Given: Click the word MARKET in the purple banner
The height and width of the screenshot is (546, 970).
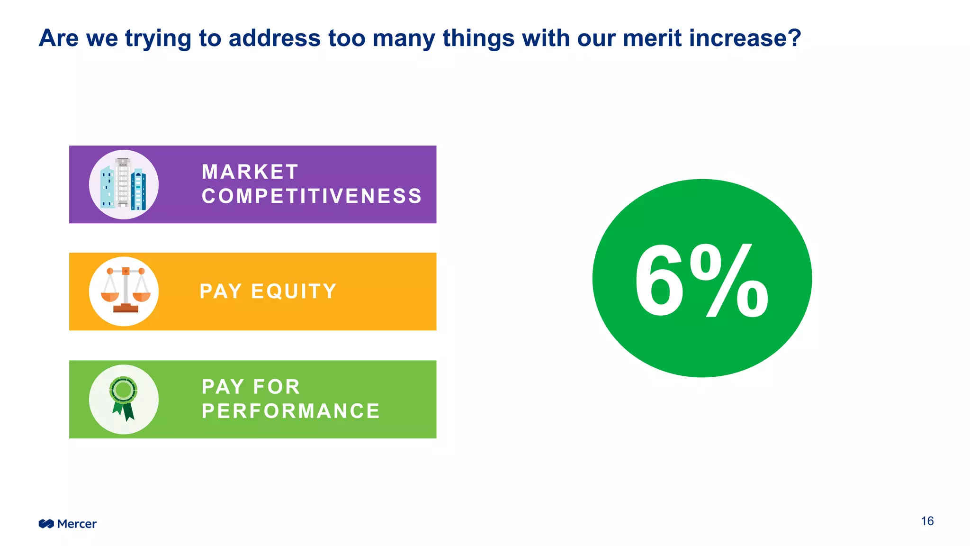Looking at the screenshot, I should (250, 172).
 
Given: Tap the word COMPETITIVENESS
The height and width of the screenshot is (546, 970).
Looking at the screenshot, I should (312, 196).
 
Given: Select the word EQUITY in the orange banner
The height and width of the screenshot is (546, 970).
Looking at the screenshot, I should (294, 291).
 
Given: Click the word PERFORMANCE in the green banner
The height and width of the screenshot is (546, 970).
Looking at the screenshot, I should (291, 411).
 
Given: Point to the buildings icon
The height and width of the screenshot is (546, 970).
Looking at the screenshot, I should (124, 184).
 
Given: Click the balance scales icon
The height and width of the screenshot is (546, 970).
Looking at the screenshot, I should (125, 291).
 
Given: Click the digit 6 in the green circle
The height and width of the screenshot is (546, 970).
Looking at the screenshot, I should (660, 281).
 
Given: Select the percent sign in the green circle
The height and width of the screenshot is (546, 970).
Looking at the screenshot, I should (729, 281).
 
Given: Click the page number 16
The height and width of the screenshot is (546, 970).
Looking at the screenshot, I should (927, 521).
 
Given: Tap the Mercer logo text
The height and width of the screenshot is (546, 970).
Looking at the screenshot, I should (77, 524).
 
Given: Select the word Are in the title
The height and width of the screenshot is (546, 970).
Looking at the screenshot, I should (58, 38).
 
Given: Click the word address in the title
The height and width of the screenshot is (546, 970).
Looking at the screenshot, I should (274, 38).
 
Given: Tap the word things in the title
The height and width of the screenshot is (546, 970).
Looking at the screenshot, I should (478, 38).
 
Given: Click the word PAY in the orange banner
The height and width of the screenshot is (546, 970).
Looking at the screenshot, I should (221, 291).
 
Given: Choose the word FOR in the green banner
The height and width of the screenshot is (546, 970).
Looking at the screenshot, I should (277, 387).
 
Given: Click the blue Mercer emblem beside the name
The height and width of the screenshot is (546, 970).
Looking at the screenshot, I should (46, 524).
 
